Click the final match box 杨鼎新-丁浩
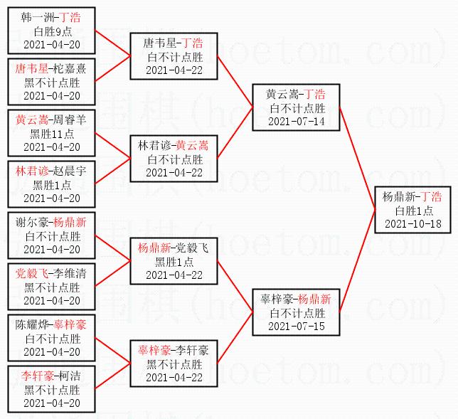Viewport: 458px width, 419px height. pyautogui.click(x=412, y=210)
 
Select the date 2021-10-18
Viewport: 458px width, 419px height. pyautogui.click(x=412, y=224)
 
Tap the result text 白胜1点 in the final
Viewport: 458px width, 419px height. pyautogui.click(x=412, y=211)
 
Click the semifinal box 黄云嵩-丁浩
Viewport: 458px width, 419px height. pyautogui.click(x=296, y=107)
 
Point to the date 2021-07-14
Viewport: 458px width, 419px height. pyautogui.click(x=296, y=122)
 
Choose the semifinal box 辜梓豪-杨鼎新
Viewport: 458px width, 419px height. pyautogui.click(x=296, y=312)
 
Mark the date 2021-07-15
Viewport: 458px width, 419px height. pyautogui.click(x=296, y=327)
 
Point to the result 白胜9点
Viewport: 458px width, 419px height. pyautogui.click(x=52, y=31)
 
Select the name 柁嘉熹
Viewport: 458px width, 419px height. pyautogui.click(x=70, y=68)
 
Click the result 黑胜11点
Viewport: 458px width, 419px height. pyautogui.click(x=52, y=133)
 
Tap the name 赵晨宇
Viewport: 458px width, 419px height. pyautogui.click(x=70, y=171)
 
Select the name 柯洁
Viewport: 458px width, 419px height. pyautogui.click(x=70, y=376)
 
